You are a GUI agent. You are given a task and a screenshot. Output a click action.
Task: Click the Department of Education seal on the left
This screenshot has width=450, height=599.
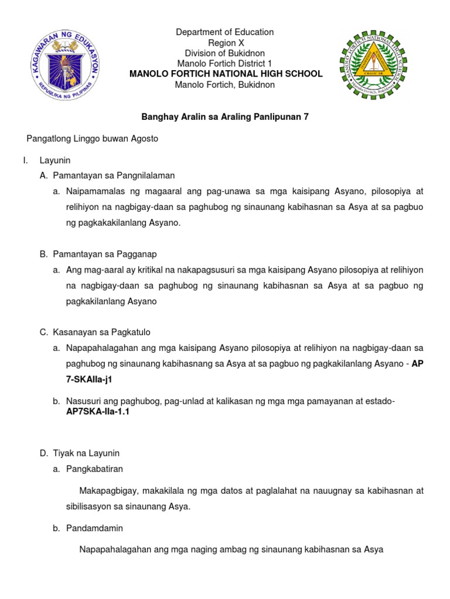[x=65, y=65]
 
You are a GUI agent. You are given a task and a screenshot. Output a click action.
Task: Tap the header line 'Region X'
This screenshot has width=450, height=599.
[x=225, y=43]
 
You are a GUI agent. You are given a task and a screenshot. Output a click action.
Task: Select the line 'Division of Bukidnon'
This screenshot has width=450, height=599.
[x=225, y=53]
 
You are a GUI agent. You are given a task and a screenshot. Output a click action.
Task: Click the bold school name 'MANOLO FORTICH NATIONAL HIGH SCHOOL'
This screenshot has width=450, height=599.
[x=226, y=74]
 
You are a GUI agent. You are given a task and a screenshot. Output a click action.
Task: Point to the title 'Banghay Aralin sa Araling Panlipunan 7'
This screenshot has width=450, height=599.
[x=225, y=117]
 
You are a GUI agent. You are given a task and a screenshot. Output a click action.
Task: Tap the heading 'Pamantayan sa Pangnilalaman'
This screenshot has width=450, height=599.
[x=114, y=175]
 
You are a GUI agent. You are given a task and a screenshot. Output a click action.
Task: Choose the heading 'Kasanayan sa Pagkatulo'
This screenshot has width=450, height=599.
[x=102, y=332]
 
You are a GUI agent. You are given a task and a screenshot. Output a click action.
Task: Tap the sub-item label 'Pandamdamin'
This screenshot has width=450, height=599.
[x=94, y=528]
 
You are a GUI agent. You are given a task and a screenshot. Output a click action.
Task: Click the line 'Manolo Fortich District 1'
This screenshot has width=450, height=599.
[x=225, y=63]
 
